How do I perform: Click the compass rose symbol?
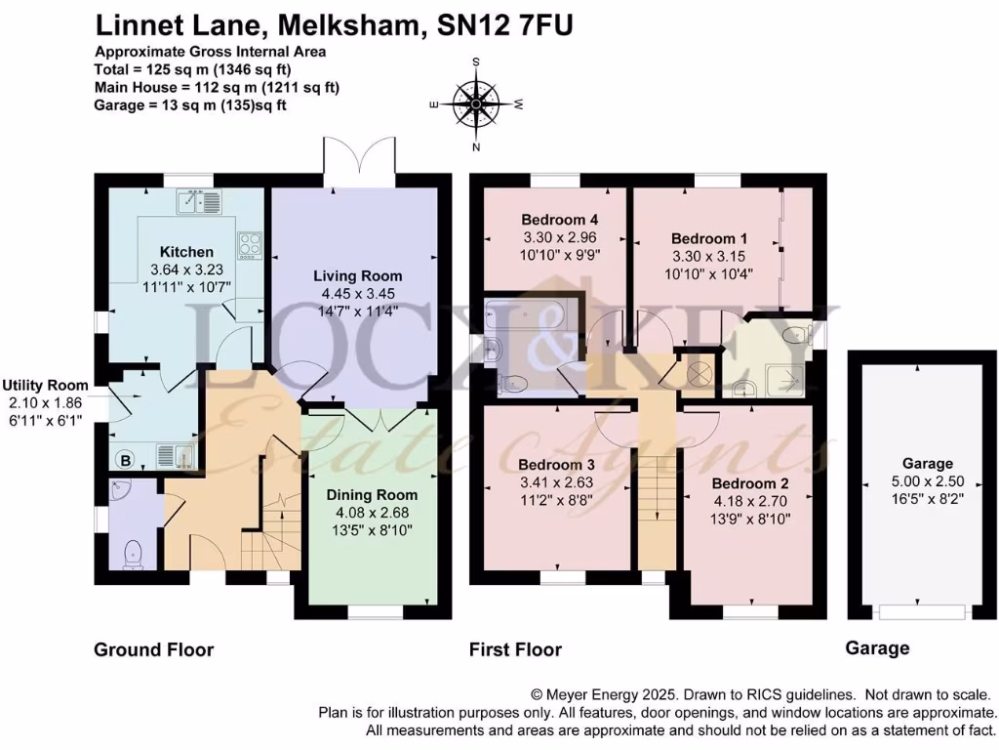coord(476,103)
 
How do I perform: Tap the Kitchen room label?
coord(186,252)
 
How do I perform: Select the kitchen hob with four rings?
coord(250,244)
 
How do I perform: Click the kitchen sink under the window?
coord(199,201)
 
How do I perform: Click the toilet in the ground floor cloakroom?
coord(134,554)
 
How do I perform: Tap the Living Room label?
coord(357,276)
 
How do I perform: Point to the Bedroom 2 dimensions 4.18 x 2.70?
coord(750,502)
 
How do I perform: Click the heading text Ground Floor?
coord(153,649)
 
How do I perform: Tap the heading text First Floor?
coord(515,649)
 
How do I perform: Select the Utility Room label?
coord(45,386)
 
